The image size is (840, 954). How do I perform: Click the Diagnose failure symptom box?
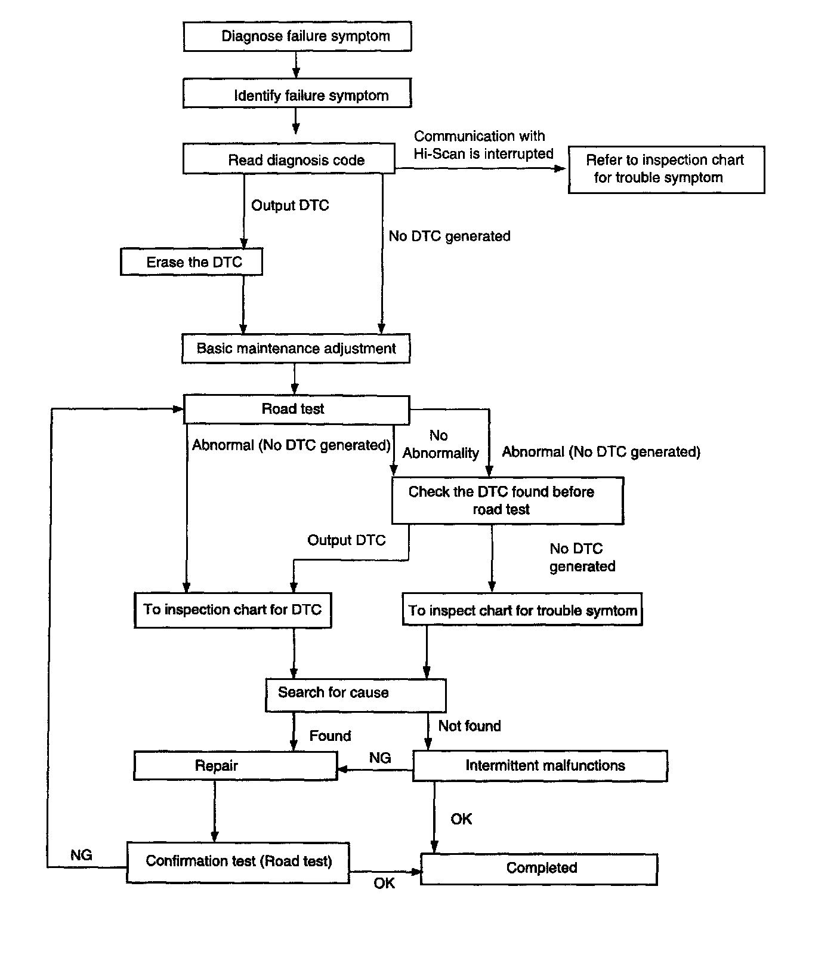[297, 36]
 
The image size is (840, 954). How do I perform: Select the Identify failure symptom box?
[297, 94]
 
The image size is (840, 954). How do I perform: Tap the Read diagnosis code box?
[289, 159]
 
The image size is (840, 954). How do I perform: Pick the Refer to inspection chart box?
[666, 170]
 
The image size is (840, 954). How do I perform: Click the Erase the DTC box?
[192, 262]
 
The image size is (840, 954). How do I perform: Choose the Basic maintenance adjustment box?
[296, 349]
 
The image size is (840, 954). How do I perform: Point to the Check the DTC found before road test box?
[508, 501]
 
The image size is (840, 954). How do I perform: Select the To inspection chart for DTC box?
[233, 610]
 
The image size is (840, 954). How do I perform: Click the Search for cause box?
[356, 695]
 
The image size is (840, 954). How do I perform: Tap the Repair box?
[236, 766]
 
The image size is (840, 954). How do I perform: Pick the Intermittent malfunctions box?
[540, 766]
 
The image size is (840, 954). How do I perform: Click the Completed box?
[539, 869]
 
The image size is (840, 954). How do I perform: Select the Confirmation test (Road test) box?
[238, 863]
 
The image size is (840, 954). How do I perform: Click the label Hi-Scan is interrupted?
[484, 153]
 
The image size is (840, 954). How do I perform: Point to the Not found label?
[470, 726]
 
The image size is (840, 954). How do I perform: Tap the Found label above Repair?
[330, 735]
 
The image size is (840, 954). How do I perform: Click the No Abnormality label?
[440, 444]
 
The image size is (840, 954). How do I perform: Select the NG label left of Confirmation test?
[81, 855]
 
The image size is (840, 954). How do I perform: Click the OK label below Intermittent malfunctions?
[461, 819]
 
